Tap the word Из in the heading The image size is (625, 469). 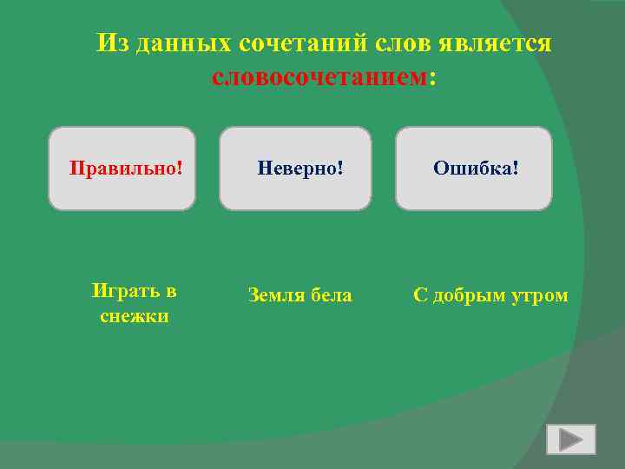112,43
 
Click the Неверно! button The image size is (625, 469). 295,168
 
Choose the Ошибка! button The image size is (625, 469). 474,168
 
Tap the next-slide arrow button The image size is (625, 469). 570,439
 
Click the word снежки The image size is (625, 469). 134,317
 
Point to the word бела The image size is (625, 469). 332,296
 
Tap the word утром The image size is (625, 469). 542,296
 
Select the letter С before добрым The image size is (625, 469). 420,296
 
